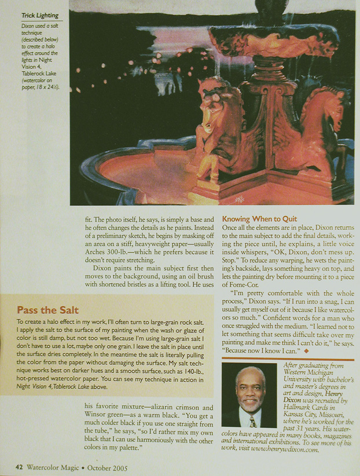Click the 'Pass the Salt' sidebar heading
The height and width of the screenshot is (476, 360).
coord(47,310)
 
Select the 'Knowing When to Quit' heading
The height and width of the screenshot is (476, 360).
coord(259,219)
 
